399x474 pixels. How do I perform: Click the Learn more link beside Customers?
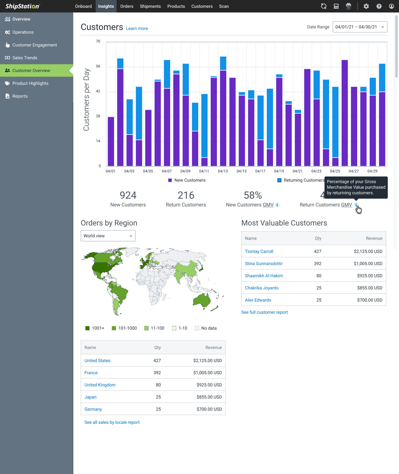point(137,28)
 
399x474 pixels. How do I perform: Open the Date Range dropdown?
point(360,27)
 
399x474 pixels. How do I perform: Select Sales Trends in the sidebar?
point(25,58)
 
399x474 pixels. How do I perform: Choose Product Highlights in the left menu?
point(30,83)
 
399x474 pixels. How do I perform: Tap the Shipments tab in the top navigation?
point(150,6)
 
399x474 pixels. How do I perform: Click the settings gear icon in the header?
point(366,6)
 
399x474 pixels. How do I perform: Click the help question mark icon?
point(379,6)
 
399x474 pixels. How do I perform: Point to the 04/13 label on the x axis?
point(223,171)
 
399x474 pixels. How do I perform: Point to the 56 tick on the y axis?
point(98,66)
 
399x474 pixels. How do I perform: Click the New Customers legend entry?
point(187,180)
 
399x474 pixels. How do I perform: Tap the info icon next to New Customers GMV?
point(277,205)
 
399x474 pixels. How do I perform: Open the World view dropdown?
point(108,236)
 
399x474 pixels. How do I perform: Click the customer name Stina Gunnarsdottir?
point(264,264)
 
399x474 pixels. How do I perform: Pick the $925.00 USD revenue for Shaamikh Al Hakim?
point(370,276)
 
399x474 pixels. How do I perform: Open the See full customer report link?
point(264,312)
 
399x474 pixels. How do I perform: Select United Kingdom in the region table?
point(100,385)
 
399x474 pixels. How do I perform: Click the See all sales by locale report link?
point(112,422)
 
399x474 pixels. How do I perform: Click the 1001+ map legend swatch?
point(88,328)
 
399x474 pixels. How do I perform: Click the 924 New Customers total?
point(128,196)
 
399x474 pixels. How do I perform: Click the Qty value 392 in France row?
point(157,373)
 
